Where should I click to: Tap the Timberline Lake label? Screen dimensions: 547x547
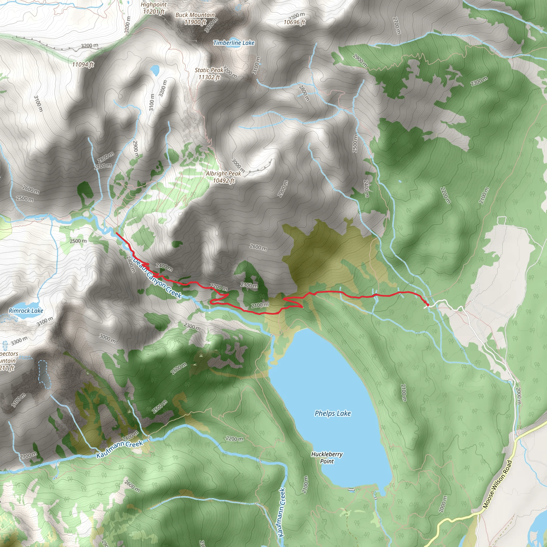pos(234,43)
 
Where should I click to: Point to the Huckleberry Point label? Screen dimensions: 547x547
pos(327,458)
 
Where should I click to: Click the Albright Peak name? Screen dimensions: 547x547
pos(223,173)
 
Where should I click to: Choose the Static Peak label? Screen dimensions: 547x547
pos(209,70)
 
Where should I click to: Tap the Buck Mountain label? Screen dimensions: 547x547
pos(195,15)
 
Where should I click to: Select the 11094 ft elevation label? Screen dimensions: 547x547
pos(83,65)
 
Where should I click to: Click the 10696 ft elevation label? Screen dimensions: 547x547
pos(294,22)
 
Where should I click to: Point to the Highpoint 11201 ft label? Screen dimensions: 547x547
pos(154,8)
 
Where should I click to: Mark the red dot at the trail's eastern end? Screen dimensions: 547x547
pos(428,305)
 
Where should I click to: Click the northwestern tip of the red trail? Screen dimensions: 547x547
pos(116,233)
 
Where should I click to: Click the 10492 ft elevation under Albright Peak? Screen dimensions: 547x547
pos(224,181)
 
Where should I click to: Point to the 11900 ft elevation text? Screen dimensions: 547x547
pos(195,22)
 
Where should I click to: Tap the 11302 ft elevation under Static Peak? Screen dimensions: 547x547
pos(209,77)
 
